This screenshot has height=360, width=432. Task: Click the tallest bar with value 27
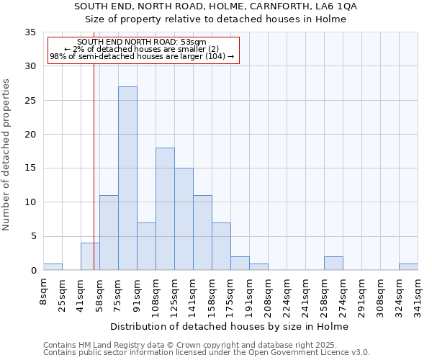[127, 179]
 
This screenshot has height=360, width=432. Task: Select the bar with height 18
[165, 209]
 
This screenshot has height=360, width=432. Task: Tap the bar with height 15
[184, 219]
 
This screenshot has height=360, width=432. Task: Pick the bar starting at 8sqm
[53, 266]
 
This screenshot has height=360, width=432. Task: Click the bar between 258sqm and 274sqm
[333, 264]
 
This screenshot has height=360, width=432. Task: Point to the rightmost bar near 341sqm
[408, 266]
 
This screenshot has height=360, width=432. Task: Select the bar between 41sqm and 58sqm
[90, 257]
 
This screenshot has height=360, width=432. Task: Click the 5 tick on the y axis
[33, 236]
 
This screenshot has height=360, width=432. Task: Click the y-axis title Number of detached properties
[6, 154]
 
